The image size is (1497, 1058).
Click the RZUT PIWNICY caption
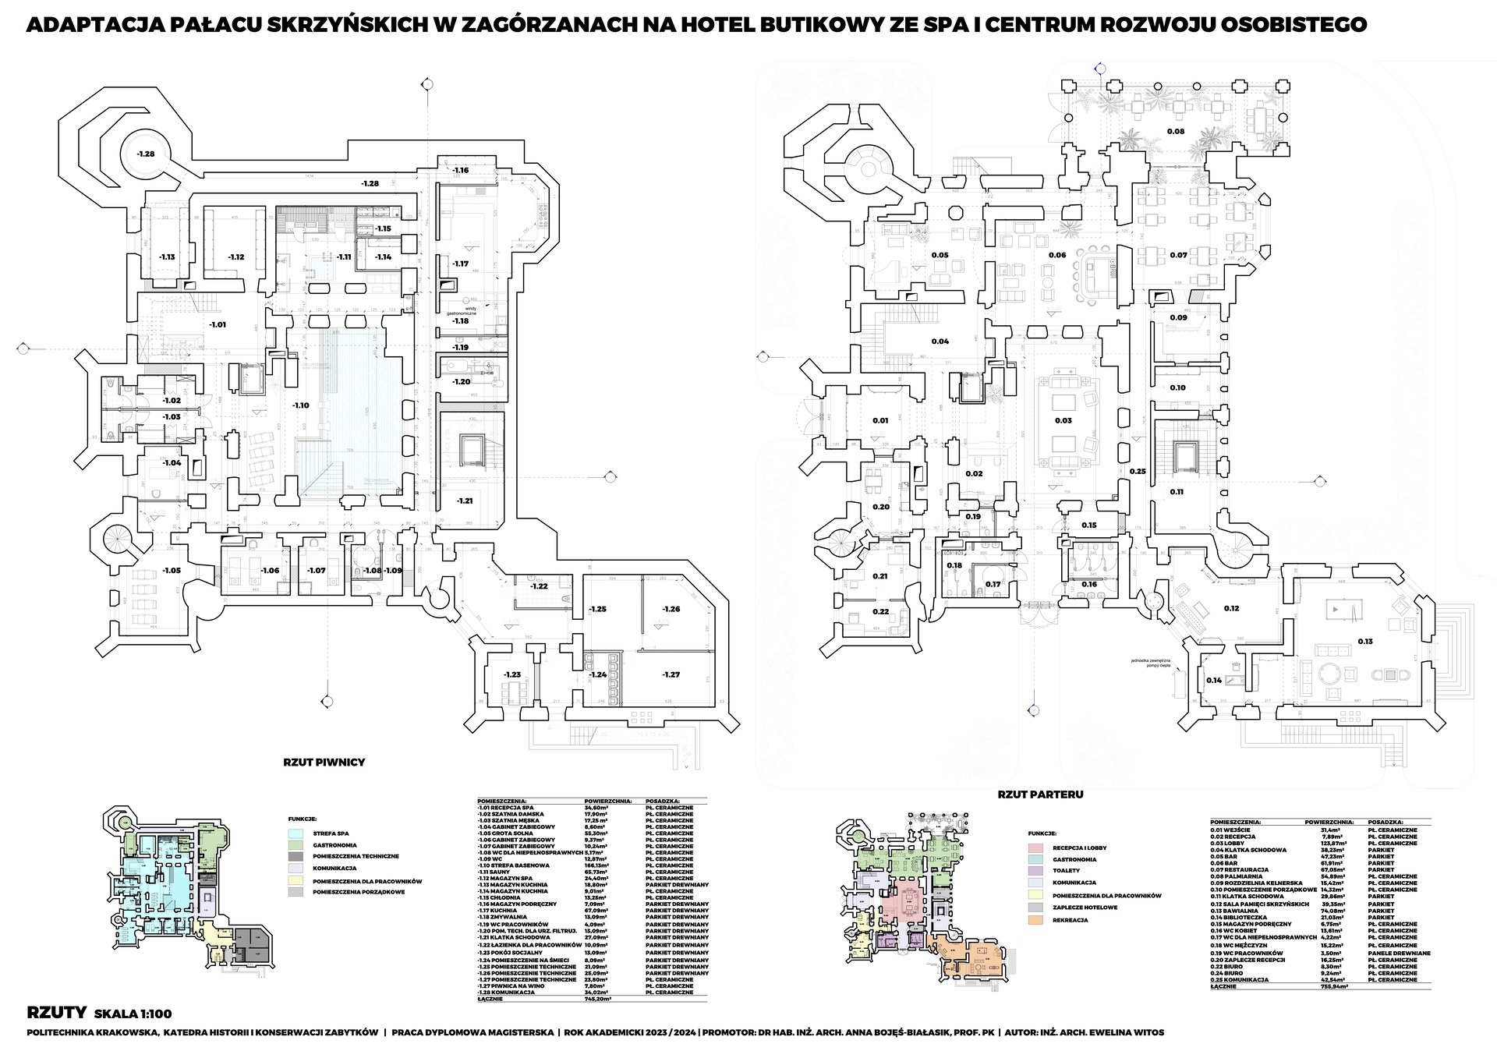(x=324, y=762)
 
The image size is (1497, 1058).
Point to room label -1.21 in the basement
(x=465, y=500)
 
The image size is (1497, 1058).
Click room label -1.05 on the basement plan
(x=172, y=571)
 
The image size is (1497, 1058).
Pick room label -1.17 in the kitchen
(x=460, y=264)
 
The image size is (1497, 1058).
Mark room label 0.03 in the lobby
(x=1063, y=420)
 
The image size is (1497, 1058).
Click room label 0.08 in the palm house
(x=1175, y=131)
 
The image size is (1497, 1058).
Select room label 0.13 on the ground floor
(x=1364, y=641)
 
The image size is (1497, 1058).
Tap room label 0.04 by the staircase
(x=940, y=341)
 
